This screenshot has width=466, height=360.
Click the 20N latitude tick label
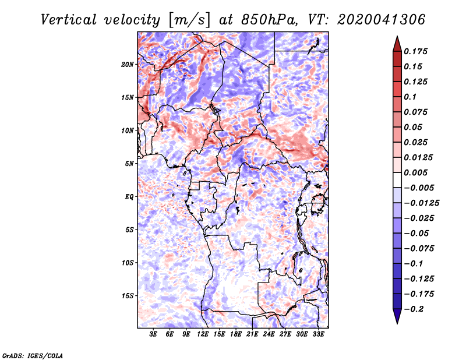(127, 65)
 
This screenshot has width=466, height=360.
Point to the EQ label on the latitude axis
(129, 197)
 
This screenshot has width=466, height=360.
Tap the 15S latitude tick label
(127, 296)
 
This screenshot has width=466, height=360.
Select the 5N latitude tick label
(129, 164)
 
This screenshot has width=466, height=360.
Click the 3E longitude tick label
(153, 334)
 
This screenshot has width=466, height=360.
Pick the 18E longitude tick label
(236, 334)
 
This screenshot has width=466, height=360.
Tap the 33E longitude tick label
(318, 334)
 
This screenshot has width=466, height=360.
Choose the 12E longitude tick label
(203, 334)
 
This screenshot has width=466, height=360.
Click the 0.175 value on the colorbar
(415, 51)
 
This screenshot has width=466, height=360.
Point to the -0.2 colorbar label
(414, 309)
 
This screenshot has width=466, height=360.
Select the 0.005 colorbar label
(415, 172)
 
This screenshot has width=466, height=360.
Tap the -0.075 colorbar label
(419, 249)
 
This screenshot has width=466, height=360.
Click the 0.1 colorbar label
(410, 97)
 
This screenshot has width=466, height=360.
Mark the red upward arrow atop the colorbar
(397, 44)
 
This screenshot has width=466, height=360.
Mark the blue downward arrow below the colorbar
(397, 316)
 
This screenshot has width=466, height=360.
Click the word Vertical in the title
(69, 20)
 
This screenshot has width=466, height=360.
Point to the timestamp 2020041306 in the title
(382, 20)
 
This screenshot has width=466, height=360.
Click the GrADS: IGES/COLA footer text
(33, 355)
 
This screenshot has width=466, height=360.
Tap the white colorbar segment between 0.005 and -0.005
(397, 180)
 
